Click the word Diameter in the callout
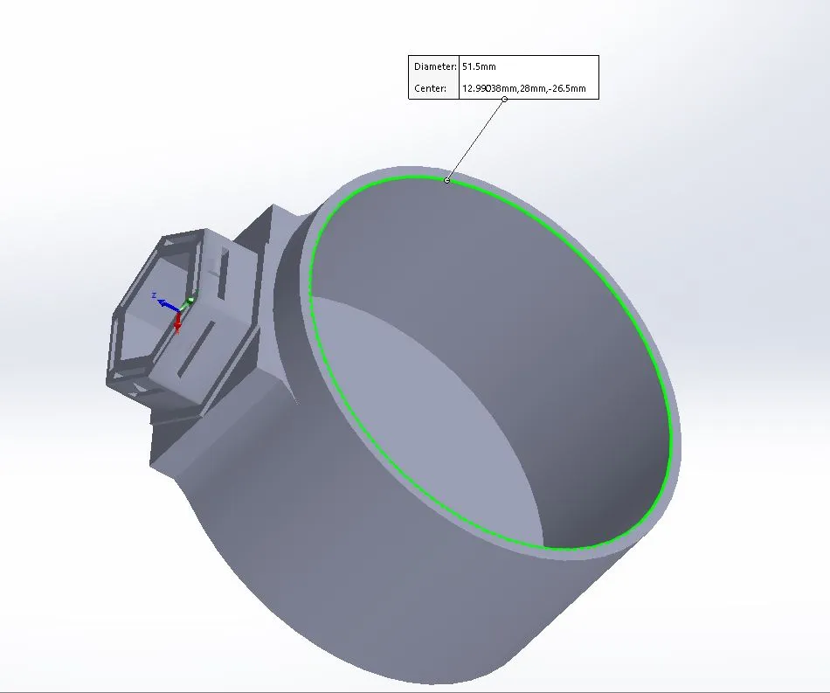[x=434, y=66]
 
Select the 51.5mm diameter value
[x=479, y=66]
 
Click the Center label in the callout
[x=430, y=88]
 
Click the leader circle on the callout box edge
[x=504, y=99]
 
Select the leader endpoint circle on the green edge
[x=446, y=181]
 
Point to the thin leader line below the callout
[x=475, y=140]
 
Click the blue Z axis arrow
[x=168, y=306]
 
